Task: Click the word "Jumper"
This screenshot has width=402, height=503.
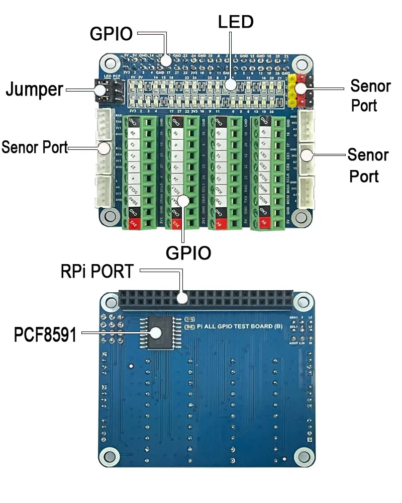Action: coord(34,90)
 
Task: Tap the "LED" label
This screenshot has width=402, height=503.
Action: coord(235,22)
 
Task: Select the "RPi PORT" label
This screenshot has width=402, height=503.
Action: coord(97,272)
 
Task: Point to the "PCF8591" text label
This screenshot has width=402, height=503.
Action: coord(45,334)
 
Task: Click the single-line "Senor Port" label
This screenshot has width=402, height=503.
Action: coord(34,147)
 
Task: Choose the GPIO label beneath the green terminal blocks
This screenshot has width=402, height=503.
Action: coord(188,253)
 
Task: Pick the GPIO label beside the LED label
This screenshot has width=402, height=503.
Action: coord(111,34)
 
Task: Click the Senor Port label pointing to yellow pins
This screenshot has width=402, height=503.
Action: coord(370,95)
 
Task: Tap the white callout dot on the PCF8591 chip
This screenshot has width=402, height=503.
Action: coord(155,332)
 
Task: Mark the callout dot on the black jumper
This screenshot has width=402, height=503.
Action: coord(100,90)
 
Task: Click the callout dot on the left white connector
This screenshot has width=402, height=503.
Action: coord(104,148)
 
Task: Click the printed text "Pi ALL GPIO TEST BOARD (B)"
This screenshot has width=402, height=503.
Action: coord(240,326)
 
